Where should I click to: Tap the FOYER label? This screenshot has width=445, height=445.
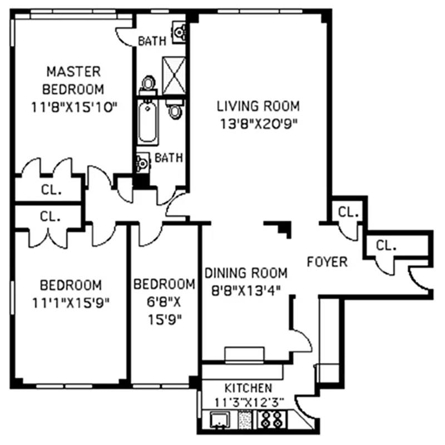point(327,261)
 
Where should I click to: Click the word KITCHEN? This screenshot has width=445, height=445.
point(248,388)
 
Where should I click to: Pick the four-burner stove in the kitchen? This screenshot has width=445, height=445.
point(272,419)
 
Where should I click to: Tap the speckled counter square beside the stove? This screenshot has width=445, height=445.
point(245,419)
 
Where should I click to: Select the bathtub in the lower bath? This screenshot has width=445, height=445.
point(149,121)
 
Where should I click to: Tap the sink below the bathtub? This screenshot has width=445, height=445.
point(142,163)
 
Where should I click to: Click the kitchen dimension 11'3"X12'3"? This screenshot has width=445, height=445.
point(248,401)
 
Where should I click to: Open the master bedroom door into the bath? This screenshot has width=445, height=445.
point(126,36)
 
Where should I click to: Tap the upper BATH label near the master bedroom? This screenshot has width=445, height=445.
point(152,41)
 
